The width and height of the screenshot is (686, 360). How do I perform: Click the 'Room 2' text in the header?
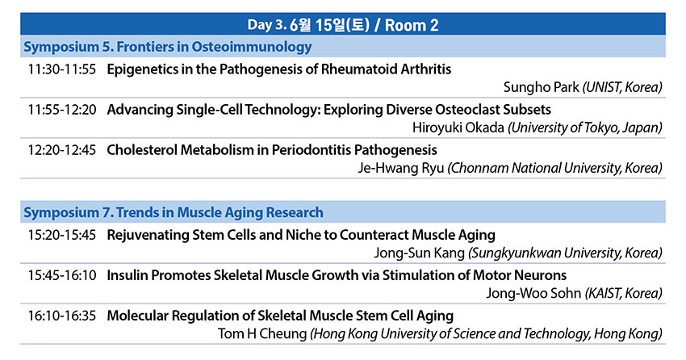pyautogui.click(x=412, y=25)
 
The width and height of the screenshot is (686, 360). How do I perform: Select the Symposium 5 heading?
pyautogui.click(x=168, y=47)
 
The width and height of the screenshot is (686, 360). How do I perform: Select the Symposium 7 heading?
pyautogui.click(x=174, y=212)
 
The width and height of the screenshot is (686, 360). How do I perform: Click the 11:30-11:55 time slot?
pyautogui.click(x=61, y=69)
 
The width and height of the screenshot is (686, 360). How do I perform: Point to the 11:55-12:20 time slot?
pyautogui.click(x=61, y=109)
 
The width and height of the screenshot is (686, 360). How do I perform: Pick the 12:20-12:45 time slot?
pyautogui.click(x=61, y=150)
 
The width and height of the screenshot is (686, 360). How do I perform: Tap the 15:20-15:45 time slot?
pyautogui.click(x=61, y=235)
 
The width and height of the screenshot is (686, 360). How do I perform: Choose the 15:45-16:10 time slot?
pyautogui.click(x=61, y=275)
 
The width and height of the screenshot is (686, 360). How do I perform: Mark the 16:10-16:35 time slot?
pyautogui.click(x=61, y=316)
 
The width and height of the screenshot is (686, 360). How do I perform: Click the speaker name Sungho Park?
pyautogui.click(x=542, y=87)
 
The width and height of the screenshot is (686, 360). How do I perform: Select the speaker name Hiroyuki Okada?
pyautogui.click(x=458, y=128)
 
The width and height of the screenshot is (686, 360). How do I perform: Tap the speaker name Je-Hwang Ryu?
pyautogui.click(x=401, y=168)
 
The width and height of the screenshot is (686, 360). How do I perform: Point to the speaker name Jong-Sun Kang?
pyautogui.click(x=419, y=253)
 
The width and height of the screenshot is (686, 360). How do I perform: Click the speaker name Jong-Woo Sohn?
pyautogui.click(x=533, y=293)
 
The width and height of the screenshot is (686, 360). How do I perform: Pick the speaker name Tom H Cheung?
pyautogui.click(x=262, y=333)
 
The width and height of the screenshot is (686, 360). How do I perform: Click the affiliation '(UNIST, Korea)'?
pyautogui.click(x=622, y=87)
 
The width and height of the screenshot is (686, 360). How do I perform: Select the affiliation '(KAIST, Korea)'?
pyautogui.click(x=623, y=293)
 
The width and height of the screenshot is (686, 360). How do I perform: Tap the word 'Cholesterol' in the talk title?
pyautogui.click(x=142, y=150)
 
